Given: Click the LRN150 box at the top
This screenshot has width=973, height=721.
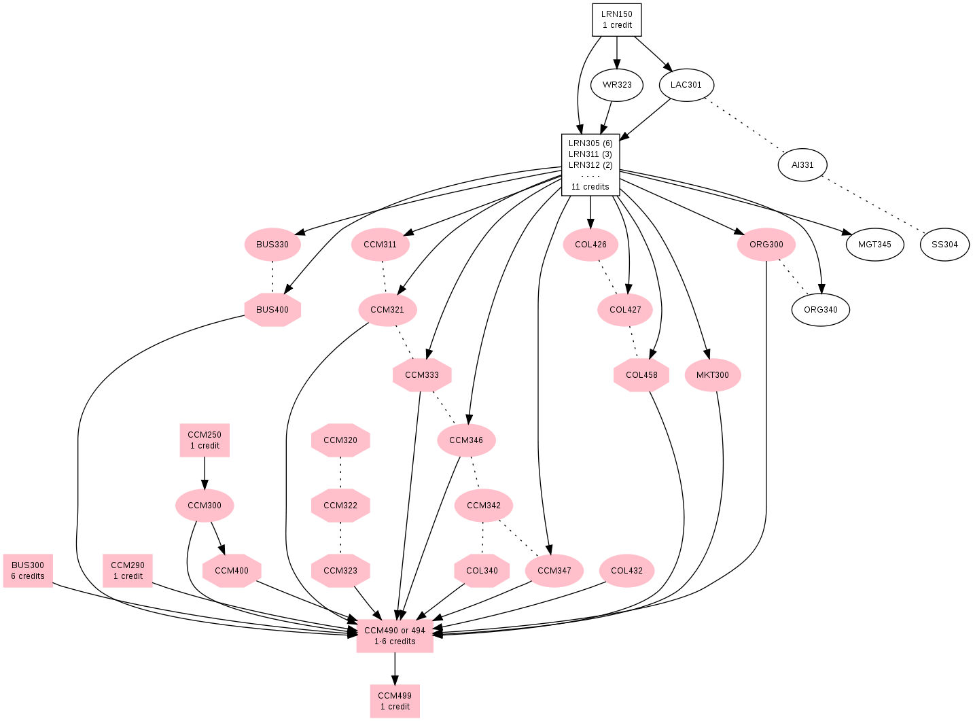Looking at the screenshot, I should click(x=616, y=20).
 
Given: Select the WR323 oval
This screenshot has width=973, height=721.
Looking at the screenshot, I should click(x=616, y=85).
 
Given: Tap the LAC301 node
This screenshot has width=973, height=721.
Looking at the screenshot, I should click(x=686, y=85).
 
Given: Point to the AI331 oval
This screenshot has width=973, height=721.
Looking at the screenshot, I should click(x=802, y=165).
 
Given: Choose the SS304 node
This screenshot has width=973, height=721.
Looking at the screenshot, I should click(x=944, y=245).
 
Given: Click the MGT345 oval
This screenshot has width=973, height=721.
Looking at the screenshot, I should click(x=874, y=245).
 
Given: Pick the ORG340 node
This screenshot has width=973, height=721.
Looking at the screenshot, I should click(x=820, y=310).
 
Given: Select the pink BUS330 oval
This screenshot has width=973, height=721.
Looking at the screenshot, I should click(x=272, y=245).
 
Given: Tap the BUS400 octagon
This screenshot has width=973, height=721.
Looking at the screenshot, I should click(x=272, y=310).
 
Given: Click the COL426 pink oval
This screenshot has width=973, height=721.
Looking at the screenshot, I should click(x=590, y=245).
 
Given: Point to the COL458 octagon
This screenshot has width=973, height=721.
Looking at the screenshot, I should click(x=641, y=375).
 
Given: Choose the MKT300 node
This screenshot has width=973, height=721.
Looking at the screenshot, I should click(x=712, y=375).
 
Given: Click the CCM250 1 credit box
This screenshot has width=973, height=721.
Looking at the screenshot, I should click(x=204, y=440).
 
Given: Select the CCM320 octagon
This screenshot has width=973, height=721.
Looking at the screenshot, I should click(x=340, y=440).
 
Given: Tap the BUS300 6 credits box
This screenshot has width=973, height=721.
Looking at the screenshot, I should click(x=28, y=571).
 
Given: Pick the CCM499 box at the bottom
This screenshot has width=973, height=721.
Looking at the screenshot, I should click(x=394, y=701).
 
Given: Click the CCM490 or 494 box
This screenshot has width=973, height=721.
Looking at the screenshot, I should click(x=394, y=636).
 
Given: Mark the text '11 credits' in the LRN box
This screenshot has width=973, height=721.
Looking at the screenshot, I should click(x=590, y=187).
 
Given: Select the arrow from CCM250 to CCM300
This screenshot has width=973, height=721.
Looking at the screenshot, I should click(x=204, y=473).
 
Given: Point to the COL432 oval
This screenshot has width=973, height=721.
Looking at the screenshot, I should click(x=626, y=571).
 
